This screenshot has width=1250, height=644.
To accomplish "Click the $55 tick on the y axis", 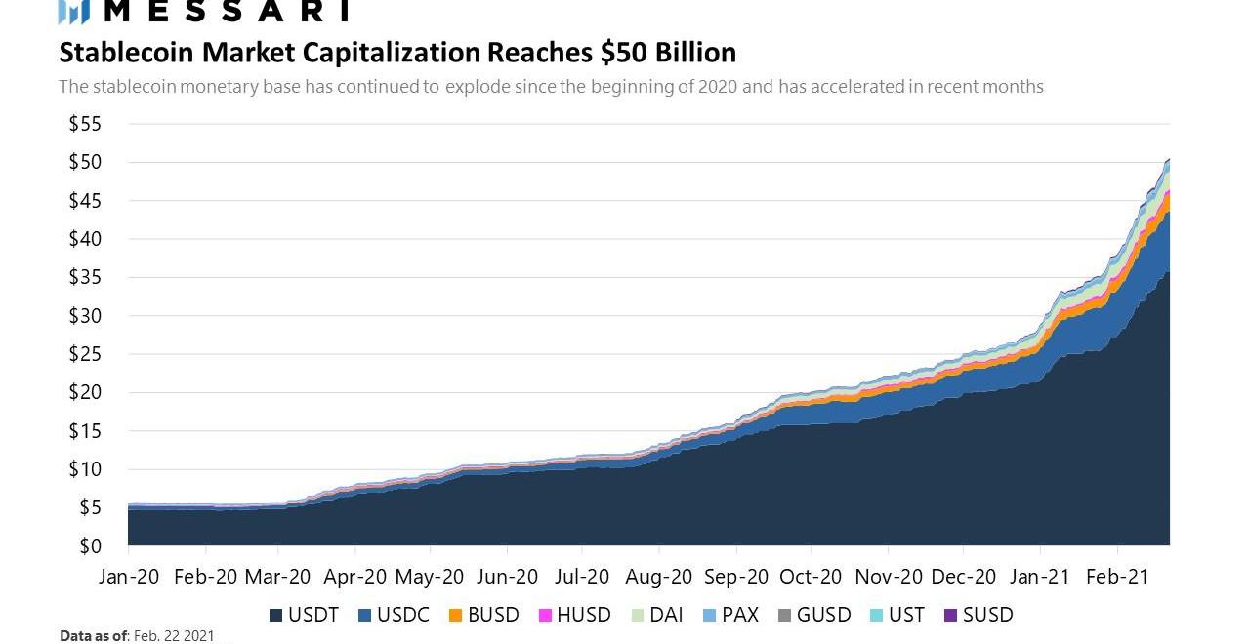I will [85, 124].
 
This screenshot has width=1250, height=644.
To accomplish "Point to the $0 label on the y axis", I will [90, 545].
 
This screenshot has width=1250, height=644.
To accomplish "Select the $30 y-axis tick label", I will [85, 315].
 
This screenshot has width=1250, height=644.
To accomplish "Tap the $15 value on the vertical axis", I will [85, 430].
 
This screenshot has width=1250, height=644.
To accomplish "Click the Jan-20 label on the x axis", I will [130, 576].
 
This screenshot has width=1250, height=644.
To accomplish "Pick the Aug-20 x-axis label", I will [660, 576].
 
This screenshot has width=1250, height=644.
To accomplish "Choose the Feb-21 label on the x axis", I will [1117, 576].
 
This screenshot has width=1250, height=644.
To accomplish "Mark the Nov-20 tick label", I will [889, 576].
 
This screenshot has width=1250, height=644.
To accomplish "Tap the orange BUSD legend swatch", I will [455, 616].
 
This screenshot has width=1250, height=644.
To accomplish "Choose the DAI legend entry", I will [664, 615].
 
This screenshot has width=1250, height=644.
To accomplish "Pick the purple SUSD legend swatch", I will [951, 616].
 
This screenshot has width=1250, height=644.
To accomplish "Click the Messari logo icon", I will [74, 11].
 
